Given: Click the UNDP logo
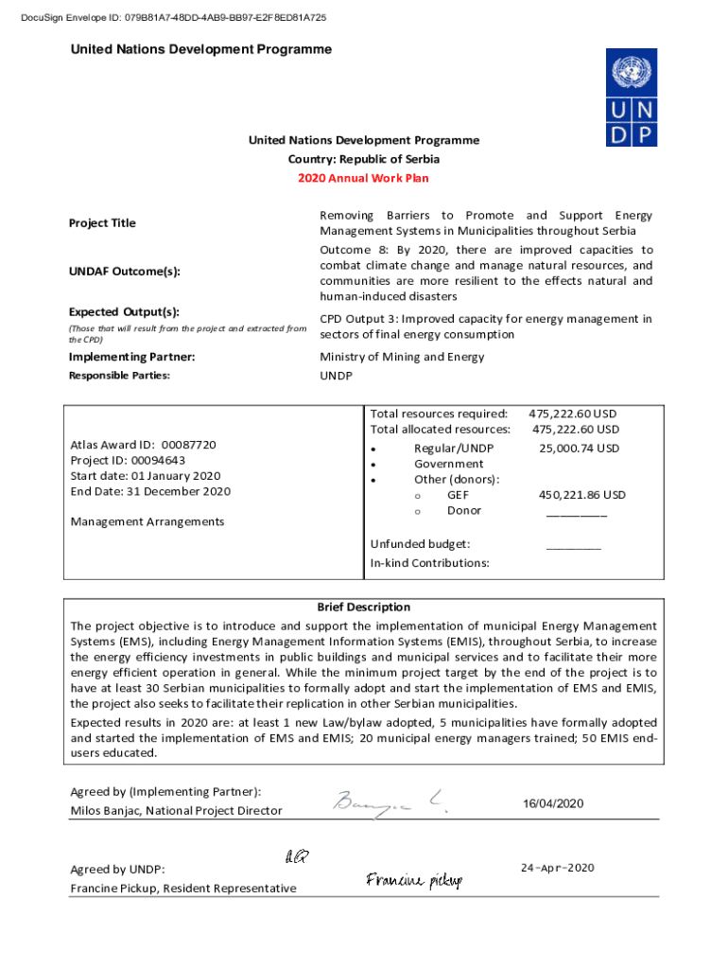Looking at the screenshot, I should [x=632, y=98].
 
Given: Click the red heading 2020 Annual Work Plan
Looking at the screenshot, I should [x=363, y=178].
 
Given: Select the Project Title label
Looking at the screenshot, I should [x=102, y=223].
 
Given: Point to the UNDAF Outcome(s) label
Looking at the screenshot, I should [x=124, y=272].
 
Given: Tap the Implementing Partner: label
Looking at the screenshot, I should [x=131, y=357].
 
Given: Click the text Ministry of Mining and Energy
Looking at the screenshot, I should [x=402, y=357].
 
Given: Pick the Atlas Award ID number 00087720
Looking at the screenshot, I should [x=189, y=445].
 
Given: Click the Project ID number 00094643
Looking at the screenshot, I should [x=157, y=460].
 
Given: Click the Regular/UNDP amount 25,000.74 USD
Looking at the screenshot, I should [x=579, y=449].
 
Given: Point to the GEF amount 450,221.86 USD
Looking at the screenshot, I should [x=581, y=495].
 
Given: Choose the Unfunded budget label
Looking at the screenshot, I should [x=420, y=544].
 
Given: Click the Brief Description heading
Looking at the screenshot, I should [x=363, y=608].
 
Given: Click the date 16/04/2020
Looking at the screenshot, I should [x=553, y=804].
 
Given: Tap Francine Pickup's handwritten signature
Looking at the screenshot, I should [x=414, y=881].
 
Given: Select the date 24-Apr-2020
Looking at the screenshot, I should [x=557, y=868].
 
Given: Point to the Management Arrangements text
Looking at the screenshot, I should [x=147, y=521].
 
